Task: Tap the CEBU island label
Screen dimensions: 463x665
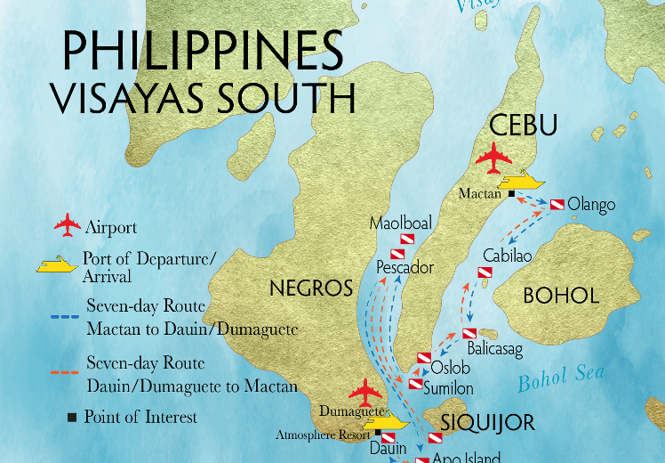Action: coord(523,126)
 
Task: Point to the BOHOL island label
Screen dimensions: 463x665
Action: coord(560,296)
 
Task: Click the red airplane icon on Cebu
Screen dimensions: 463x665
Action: coord(493,160)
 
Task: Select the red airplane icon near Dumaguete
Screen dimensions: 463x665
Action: coord(365,393)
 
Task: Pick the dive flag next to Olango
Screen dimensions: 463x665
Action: coord(557,205)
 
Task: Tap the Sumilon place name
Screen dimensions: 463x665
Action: coord(448,388)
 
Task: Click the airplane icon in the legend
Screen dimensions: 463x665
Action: coord(68,226)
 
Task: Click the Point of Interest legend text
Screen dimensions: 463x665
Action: coord(140,417)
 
